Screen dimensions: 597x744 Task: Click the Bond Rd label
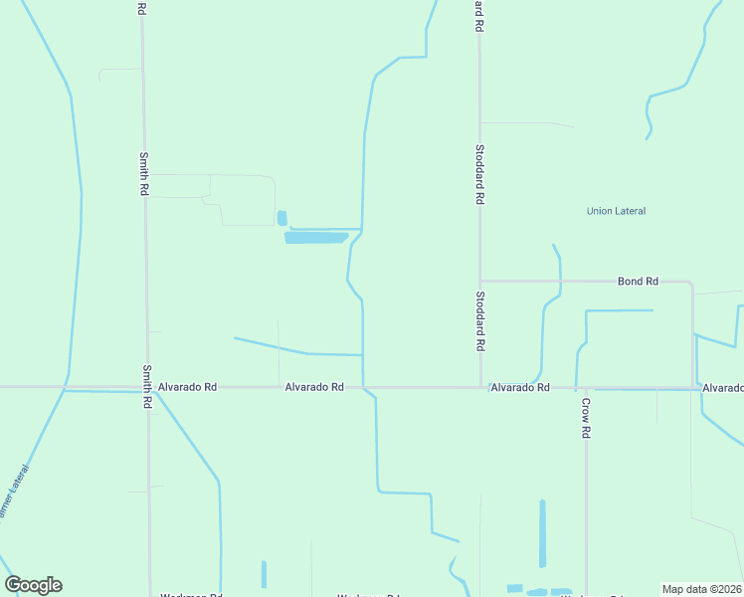tap(638, 282)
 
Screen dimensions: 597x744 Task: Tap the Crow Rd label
tap(587, 418)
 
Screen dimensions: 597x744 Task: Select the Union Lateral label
tap(616, 211)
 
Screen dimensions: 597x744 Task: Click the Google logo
tap(33, 585)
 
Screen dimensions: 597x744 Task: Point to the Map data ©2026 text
tap(701, 589)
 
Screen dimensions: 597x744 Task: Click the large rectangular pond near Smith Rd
tap(315, 238)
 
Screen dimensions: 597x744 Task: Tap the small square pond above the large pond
tap(281, 218)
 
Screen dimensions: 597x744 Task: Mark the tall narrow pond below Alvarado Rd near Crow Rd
tap(542, 533)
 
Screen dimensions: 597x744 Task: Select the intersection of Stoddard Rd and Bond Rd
tap(479, 282)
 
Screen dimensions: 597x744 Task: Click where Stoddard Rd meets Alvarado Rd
tap(480, 387)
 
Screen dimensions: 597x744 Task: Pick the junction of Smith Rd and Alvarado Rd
tap(147, 387)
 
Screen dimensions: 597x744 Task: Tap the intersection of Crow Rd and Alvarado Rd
tap(586, 388)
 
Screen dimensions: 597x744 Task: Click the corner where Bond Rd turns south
tap(691, 284)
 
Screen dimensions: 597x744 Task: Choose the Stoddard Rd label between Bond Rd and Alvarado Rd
tap(479, 320)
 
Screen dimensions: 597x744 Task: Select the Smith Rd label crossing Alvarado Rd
tap(146, 387)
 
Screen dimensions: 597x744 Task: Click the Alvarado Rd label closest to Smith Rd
tap(187, 387)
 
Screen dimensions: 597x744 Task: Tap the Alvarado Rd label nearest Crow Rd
tap(520, 387)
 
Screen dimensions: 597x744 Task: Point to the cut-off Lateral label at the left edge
tap(15, 494)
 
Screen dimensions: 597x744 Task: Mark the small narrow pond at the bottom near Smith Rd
tap(264, 574)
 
